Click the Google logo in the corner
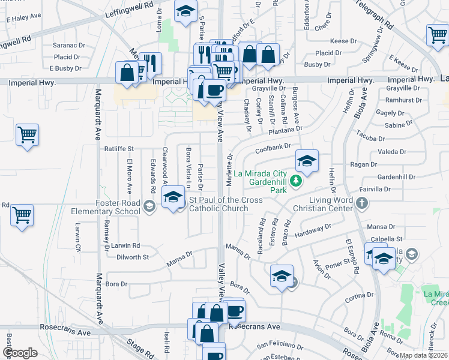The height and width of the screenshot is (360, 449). [x=20, y=353]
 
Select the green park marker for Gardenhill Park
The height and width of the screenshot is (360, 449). [x=295, y=181]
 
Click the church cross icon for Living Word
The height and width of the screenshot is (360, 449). [x=361, y=203]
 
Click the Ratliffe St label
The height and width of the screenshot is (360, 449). [x=118, y=148]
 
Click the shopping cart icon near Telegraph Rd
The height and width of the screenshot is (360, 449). [x=438, y=34]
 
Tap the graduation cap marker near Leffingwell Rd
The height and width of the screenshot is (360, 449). [x=185, y=10]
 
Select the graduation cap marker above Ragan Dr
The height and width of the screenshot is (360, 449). [x=306, y=160]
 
